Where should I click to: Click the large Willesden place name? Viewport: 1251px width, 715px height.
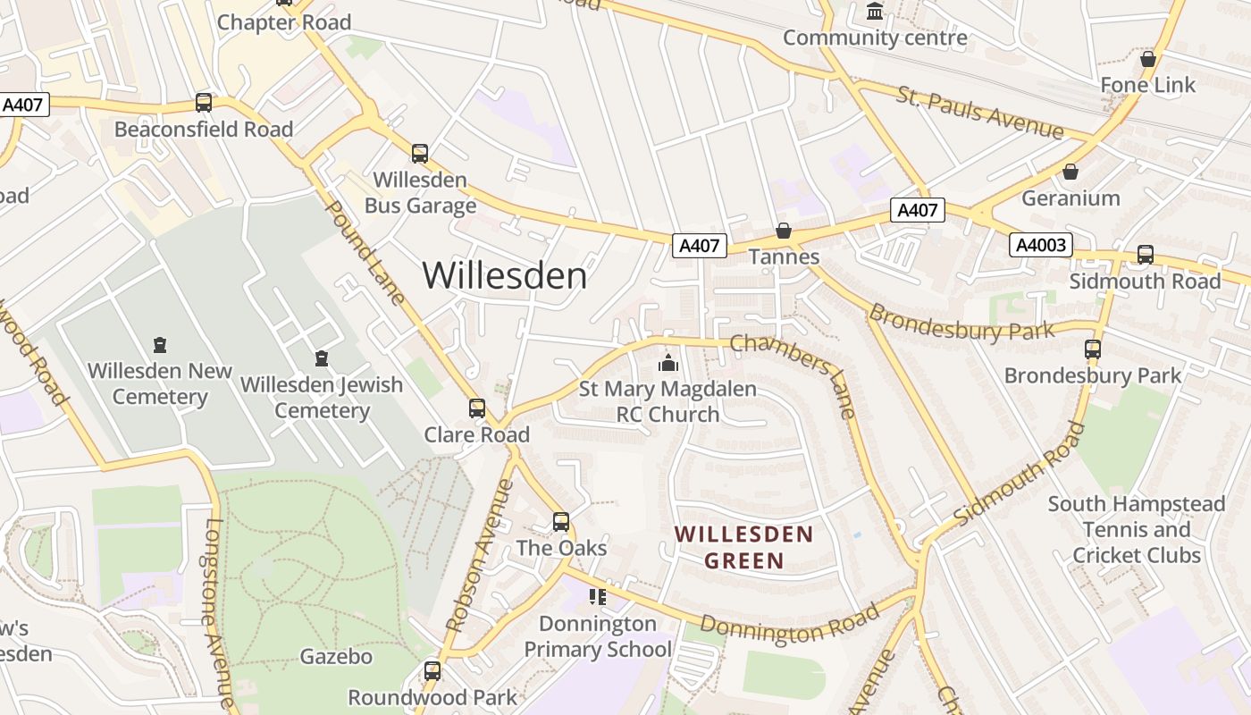pos(505,275)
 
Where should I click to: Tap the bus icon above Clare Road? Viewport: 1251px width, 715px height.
pos(477,408)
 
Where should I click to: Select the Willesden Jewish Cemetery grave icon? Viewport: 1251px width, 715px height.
pos(322,358)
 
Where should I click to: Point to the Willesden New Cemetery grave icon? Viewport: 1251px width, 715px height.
pos(160,345)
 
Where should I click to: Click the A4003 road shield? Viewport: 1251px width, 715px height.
pos(1041,244)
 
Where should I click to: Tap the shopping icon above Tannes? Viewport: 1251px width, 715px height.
pos(784,231)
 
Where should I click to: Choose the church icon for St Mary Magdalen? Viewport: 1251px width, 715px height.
pos(667,364)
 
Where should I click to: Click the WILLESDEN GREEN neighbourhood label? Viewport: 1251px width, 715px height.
pos(743,548)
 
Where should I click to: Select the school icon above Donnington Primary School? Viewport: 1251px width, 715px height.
pos(597,596)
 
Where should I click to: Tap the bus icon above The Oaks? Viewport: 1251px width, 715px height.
pos(561,521)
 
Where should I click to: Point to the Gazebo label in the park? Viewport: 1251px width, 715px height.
pos(336,657)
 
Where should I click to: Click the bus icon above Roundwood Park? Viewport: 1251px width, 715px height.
pos(432,670)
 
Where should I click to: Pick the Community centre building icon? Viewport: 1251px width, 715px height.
pos(875,13)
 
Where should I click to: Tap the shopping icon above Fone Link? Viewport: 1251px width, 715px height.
pos(1148,59)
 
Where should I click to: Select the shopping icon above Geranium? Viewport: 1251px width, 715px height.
pos(1070,172)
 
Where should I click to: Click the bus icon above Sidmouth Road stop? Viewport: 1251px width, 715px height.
pos(1146,254)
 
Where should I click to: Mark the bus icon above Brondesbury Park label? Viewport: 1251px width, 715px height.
pos(1093,349)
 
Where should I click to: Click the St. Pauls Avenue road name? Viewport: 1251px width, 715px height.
pos(981,114)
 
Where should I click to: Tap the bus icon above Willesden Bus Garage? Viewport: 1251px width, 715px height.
pos(420,153)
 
